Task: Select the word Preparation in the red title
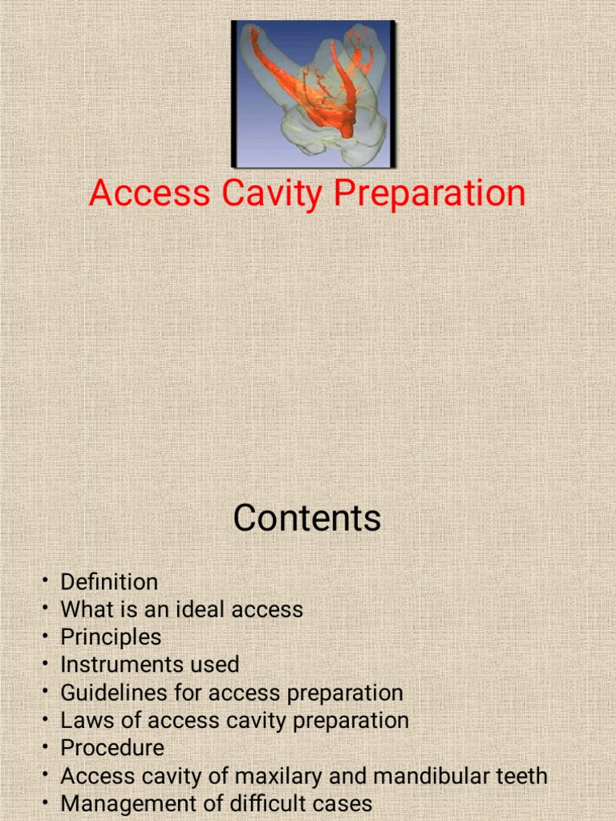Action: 430,195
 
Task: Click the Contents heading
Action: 307,518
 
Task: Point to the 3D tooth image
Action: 313,94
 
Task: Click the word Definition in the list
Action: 109,581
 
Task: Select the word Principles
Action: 111,637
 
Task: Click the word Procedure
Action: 112,748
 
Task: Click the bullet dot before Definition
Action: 47,581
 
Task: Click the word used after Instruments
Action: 214,665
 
